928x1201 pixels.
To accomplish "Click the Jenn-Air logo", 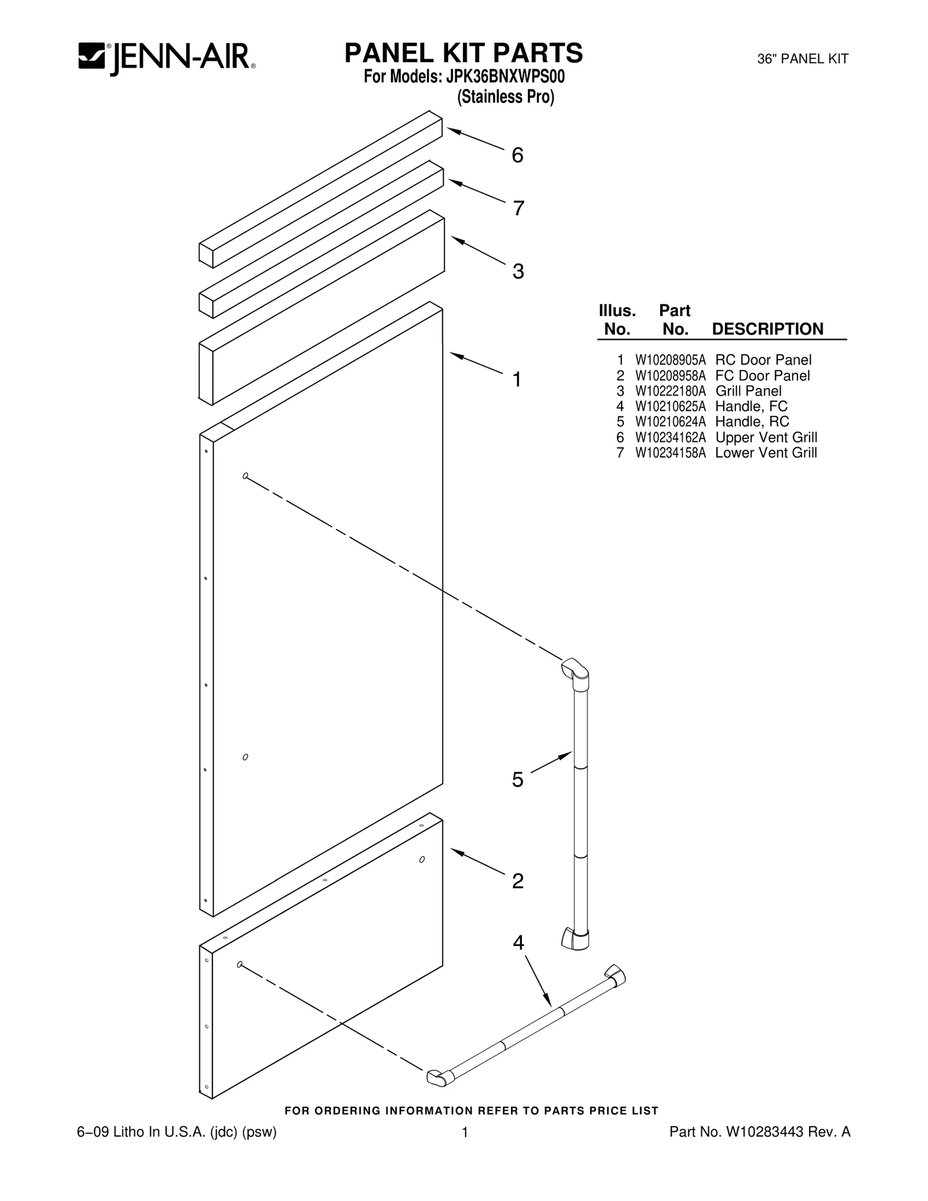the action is [x=167, y=58].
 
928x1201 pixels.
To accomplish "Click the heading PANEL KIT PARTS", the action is [x=463, y=53].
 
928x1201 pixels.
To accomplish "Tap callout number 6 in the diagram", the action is [x=517, y=155].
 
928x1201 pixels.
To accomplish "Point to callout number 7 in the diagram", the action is [x=519, y=208].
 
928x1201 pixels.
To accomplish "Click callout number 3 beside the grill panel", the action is [x=518, y=271].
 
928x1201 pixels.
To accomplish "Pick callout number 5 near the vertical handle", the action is [x=517, y=779].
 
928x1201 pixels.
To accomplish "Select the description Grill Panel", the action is [x=748, y=391].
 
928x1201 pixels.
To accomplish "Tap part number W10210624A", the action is [x=670, y=422].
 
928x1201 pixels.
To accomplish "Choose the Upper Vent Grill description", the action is [x=766, y=437].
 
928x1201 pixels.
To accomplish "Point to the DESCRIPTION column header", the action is [x=767, y=329].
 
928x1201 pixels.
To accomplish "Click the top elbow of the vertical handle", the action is [x=575, y=670].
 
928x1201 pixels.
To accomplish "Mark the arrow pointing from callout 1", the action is [x=476, y=363].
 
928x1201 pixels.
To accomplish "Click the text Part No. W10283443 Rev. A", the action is [x=760, y=1131].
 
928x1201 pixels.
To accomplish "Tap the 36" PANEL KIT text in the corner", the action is [x=803, y=59].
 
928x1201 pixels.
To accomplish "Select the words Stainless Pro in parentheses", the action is [x=505, y=96].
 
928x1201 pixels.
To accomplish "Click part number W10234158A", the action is [x=670, y=453].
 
